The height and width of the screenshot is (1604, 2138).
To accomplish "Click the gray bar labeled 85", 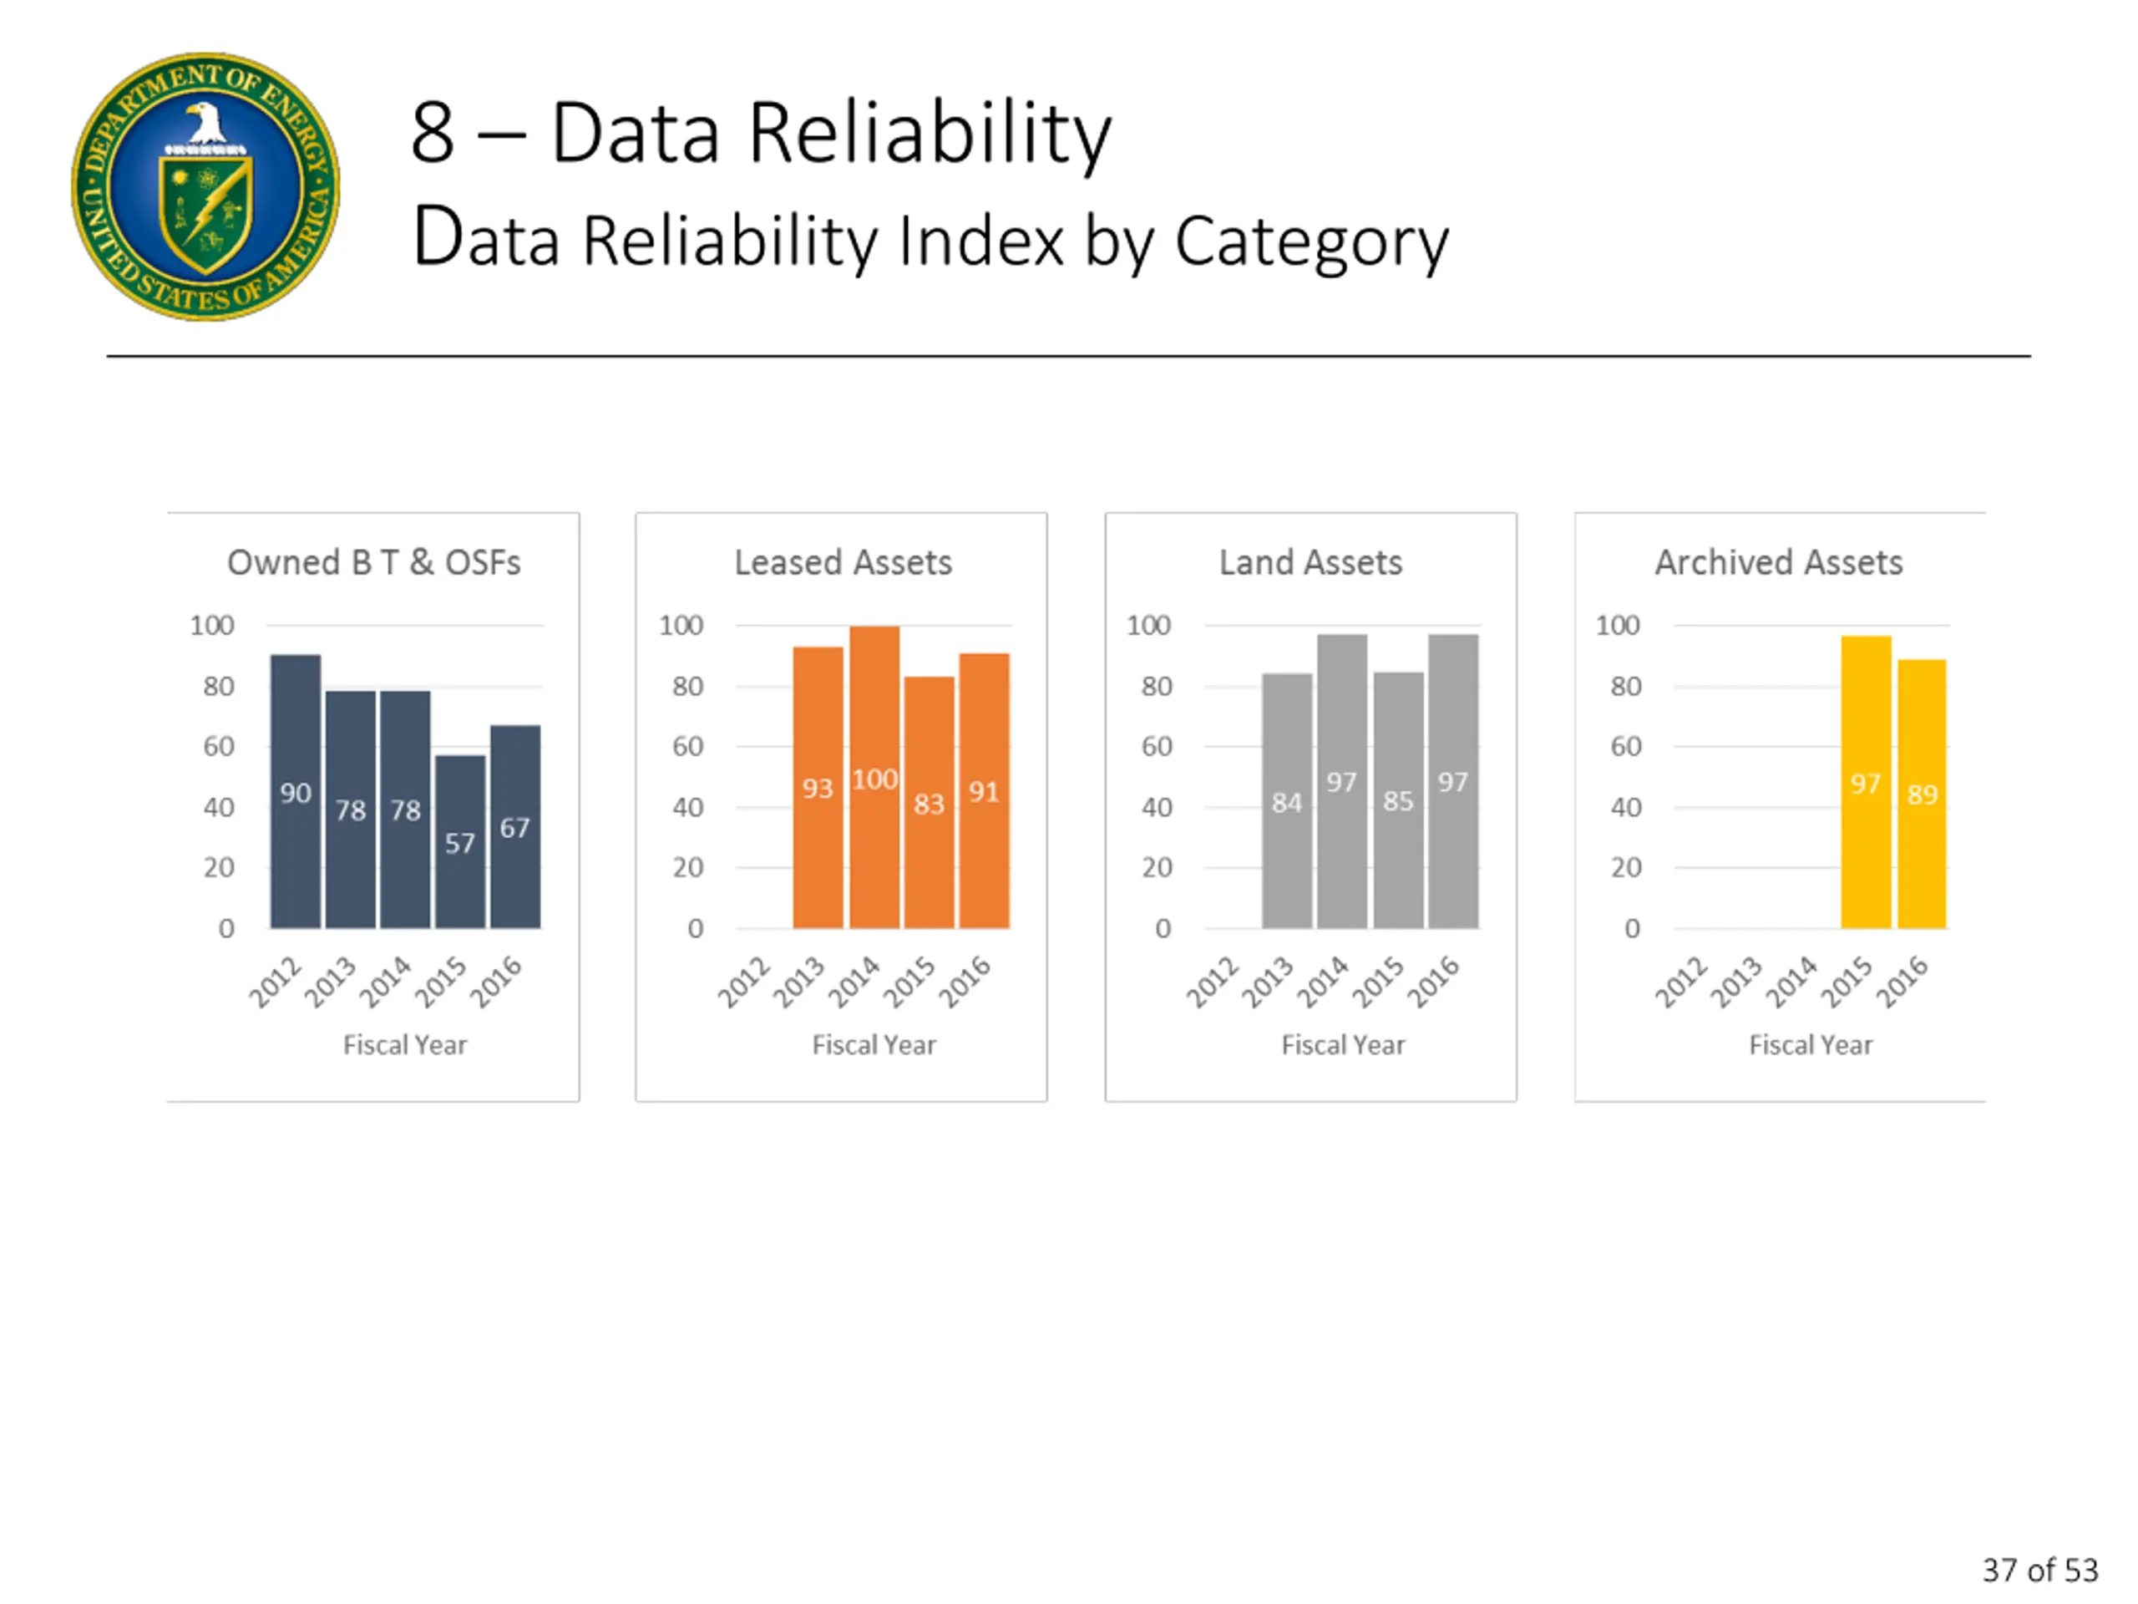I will click(x=1397, y=799).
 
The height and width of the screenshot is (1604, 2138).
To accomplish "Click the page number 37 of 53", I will click(x=2039, y=1569).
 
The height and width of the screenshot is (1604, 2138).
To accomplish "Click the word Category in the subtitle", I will click(x=1311, y=241).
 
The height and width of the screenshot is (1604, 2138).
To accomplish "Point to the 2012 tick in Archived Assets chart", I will click(x=1682, y=982).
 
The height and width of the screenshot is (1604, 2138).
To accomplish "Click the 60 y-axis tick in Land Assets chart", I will click(x=1156, y=746).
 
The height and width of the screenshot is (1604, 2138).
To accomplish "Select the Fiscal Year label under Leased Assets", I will click(x=874, y=1045).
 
